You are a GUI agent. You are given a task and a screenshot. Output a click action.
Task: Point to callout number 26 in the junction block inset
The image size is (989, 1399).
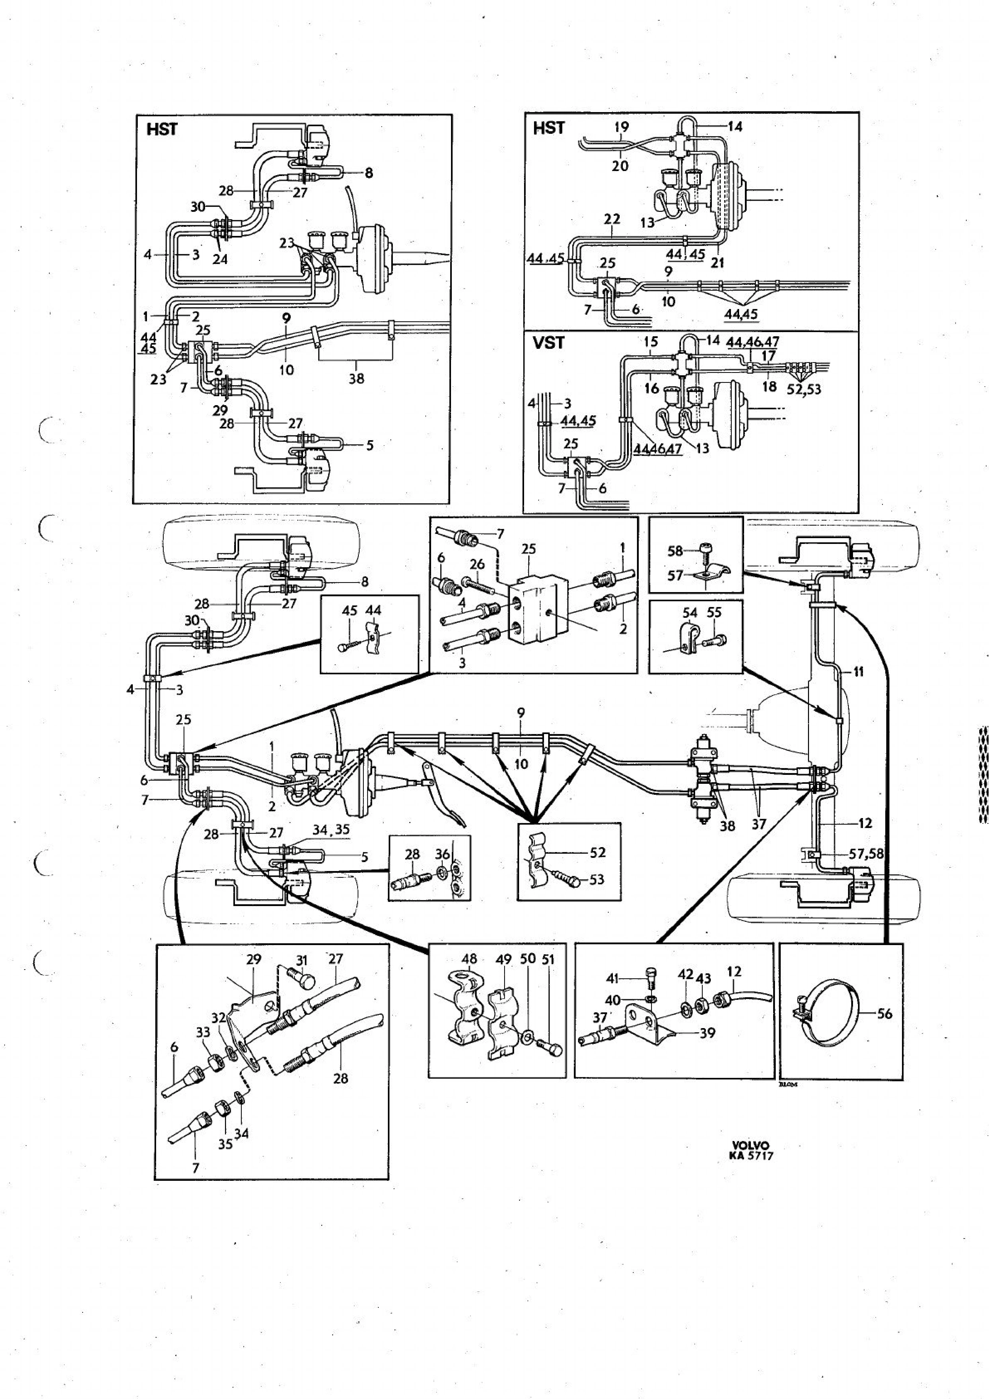477,564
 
